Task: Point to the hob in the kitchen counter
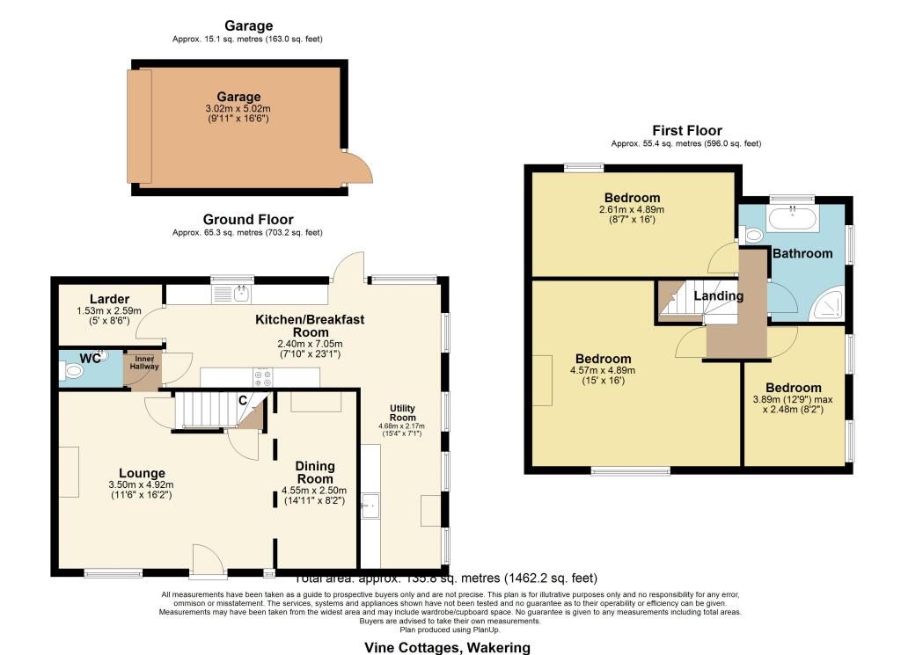[262, 378]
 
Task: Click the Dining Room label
[314, 473]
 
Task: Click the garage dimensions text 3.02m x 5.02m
[239, 109]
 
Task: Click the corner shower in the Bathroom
[827, 303]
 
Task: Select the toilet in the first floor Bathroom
[751, 236]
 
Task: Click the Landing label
[718, 295]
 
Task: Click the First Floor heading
[685, 130]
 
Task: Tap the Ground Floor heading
[248, 219]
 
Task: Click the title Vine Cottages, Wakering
[448, 647]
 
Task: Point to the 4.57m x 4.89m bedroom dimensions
[604, 370]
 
